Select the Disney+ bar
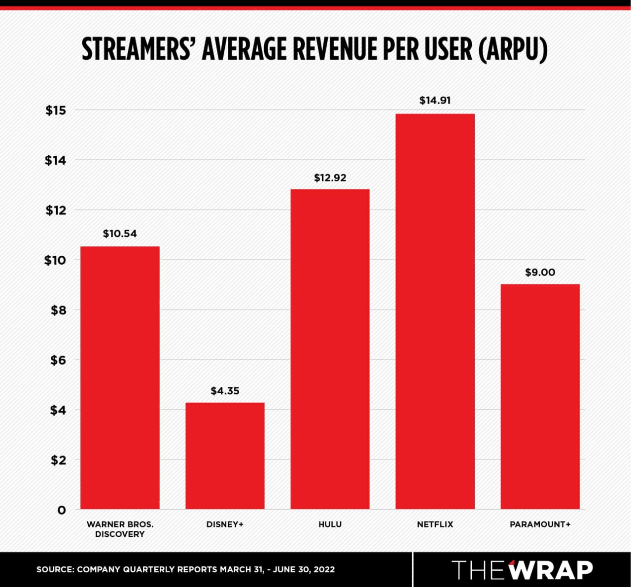pyautogui.click(x=225, y=456)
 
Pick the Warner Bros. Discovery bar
pyautogui.click(x=120, y=378)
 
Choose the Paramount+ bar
pyautogui.click(x=540, y=396)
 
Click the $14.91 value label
pyautogui.click(x=435, y=101)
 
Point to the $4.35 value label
pyautogui.click(x=225, y=391)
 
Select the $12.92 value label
pyautogui.click(x=330, y=178)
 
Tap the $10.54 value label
pyautogui.click(x=120, y=234)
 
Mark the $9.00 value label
pyautogui.click(x=540, y=273)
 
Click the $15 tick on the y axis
pyautogui.click(x=56, y=110)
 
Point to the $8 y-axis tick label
pyautogui.click(x=58, y=311)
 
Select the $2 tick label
pyautogui.click(x=58, y=460)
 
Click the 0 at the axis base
pyautogui.click(x=62, y=510)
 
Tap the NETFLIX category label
pyautogui.click(x=435, y=524)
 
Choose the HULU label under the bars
pyautogui.click(x=330, y=524)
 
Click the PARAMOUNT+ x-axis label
pyautogui.click(x=540, y=524)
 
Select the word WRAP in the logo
pyautogui.click(x=551, y=570)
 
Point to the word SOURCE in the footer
pyautogui.click(x=54, y=570)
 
